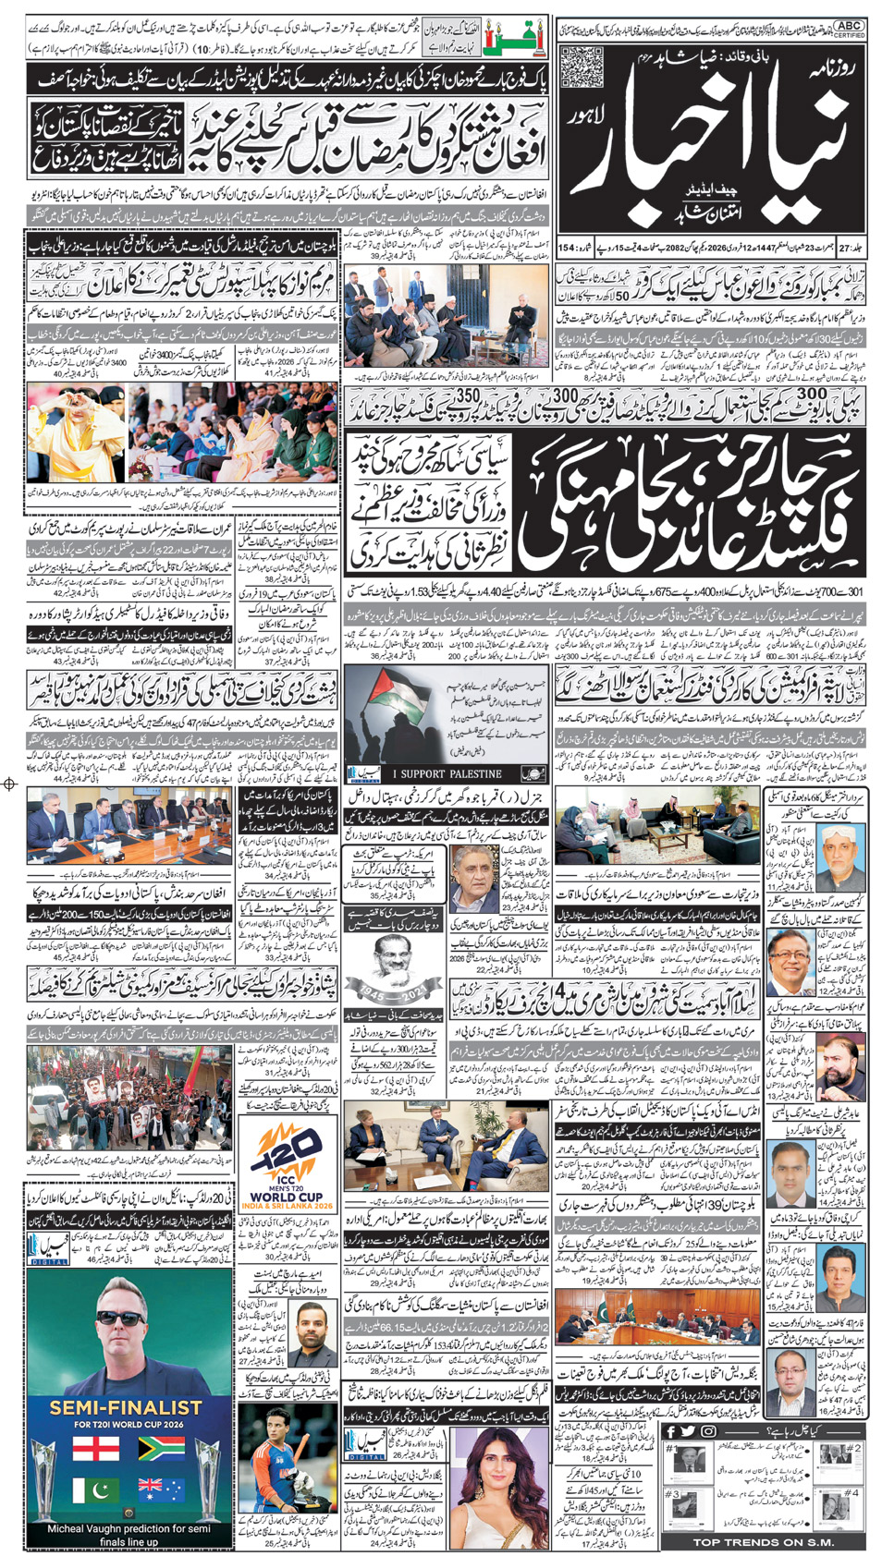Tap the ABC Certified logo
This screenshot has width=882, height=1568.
click(x=848, y=30)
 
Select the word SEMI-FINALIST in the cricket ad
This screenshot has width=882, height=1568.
click(x=126, y=1407)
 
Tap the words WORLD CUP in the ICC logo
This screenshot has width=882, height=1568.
click(x=286, y=1197)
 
